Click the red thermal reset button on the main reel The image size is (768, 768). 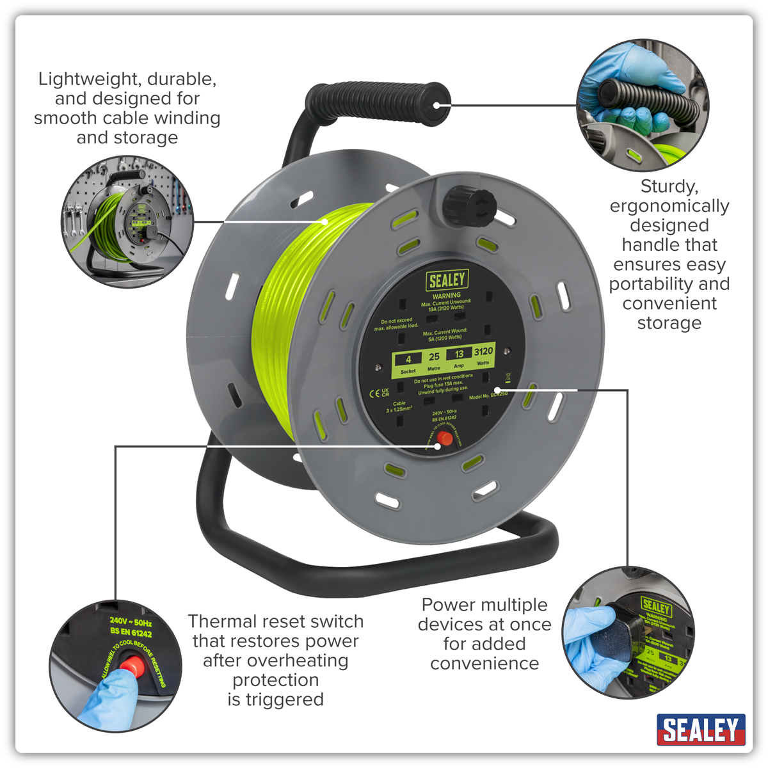tap(445, 439)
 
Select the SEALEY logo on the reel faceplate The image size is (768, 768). tap(447, 280)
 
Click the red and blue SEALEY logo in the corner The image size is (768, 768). tap(701, 730)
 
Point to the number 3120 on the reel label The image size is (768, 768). tap(483, 351)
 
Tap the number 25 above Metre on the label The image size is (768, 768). tap(434, 356)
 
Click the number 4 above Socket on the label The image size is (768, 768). tap(408, 359)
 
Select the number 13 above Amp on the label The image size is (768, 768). tap(459, 354)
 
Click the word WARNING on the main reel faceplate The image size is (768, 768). tap(446, 296)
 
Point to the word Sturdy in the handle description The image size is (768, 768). tap(669, 186)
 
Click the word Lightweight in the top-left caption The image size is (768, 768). tap(90, 79)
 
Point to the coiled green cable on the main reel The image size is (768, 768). tap(288, 320)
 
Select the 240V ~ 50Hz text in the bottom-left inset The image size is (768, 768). tap(131, 621)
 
